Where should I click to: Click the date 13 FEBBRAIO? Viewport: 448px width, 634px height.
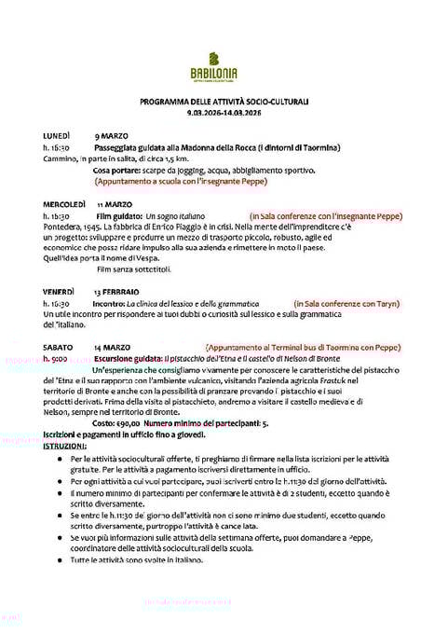(x=123, y=292)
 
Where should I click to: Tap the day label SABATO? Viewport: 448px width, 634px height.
(x=59, y=347)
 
